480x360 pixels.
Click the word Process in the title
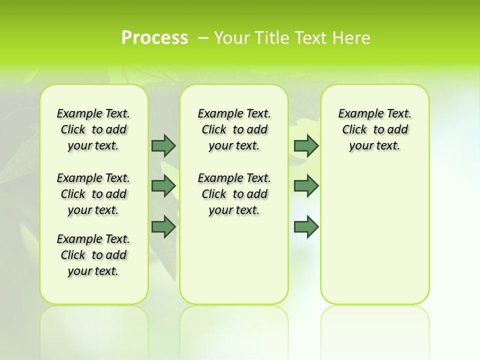tap(154, 37)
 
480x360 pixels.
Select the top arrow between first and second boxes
tap(163, 145)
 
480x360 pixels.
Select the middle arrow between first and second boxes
tap(163, 185)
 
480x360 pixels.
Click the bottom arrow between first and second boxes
tap(163, 226)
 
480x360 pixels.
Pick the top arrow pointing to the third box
tap(306, 145)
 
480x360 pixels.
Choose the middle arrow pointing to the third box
tap(306, 185)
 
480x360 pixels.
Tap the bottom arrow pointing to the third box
tap(306, 226)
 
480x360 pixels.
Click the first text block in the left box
tap(93, 129)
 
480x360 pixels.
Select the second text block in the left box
tap(93, 194)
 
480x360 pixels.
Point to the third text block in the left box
tap(93, 255)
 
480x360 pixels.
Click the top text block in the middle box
tap(234, 129)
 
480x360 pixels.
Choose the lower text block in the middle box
tap(234, 194)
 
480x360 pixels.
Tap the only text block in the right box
tap(374, 129)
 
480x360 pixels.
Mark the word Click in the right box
tap(354, 130)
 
